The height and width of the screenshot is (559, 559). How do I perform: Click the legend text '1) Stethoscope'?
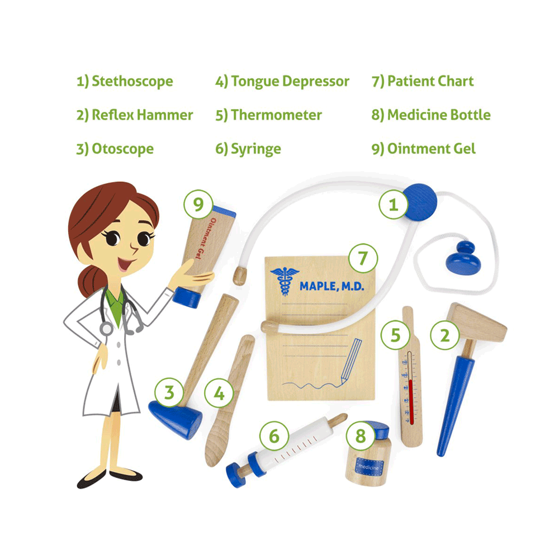tap(125, 82)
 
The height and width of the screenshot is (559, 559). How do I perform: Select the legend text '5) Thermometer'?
tap(268, 115)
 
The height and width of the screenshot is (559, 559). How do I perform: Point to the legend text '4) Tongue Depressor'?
tap(282, 82)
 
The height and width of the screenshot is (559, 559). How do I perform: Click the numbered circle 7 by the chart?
tap(363, 258)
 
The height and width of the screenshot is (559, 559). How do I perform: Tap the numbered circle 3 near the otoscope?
tap(170, 393)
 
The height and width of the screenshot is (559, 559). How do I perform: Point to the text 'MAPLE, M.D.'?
tap(331, 286)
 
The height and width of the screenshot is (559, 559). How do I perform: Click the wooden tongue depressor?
tap(226, 402)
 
